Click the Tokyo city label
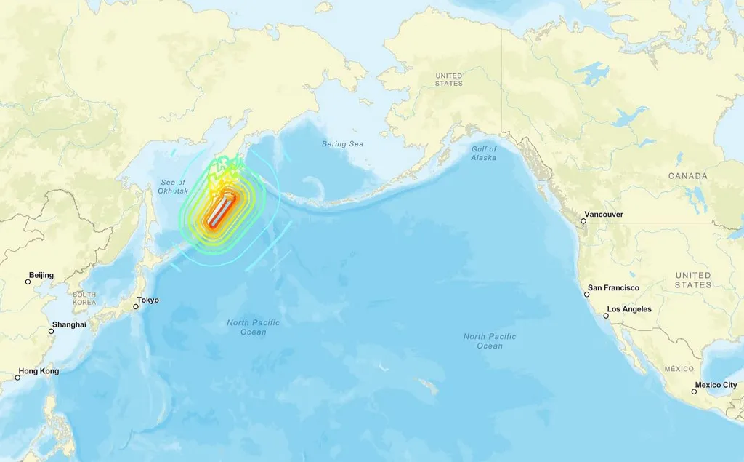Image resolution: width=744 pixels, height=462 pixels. click(148, 300)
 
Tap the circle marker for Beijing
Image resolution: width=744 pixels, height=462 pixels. click(28, 282)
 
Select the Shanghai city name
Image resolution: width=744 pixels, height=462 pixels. click(69, 324)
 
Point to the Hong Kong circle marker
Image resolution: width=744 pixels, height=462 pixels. click(18, 378)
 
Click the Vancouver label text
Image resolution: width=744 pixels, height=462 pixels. click(605, 215)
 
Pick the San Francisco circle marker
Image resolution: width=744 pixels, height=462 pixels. click(587, 294)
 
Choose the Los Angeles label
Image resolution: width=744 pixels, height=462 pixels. click(629, 309)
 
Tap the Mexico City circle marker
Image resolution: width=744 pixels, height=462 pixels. click(694, 391)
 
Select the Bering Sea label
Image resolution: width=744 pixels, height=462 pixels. click(342, 144)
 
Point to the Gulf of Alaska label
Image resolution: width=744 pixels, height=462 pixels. click(484, 154)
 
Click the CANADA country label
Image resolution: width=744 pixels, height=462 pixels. click(687, 176)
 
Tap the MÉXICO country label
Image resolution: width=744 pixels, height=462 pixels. click(679, 369)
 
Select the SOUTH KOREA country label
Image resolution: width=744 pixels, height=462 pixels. click(84, 298)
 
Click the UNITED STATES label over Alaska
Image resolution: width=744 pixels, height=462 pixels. click(448, 79)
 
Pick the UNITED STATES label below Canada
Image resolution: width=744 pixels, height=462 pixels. click(692, 280)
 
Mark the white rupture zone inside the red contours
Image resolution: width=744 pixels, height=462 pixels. click(221, 211)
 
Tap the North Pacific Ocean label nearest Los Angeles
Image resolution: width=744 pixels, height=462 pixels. click(490, 341)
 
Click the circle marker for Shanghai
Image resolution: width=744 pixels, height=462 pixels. click(51, 331)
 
